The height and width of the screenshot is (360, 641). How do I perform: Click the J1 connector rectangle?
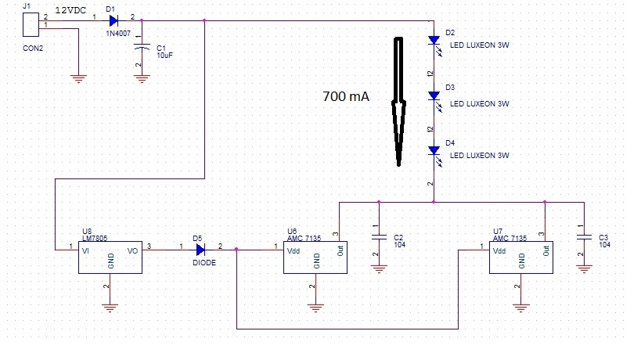pos(31,24)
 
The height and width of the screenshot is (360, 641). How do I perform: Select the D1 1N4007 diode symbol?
pos(113,20)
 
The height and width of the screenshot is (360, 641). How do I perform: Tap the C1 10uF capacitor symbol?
pos(142,48)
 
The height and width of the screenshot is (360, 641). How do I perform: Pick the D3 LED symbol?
pos(434,98)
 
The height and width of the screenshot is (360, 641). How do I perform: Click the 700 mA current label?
pos(346,96)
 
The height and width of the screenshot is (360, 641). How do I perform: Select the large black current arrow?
pos(398,102)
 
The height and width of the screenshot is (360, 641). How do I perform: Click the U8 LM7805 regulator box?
pos(110,257)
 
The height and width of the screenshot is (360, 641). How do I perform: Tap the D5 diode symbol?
pos(200,250)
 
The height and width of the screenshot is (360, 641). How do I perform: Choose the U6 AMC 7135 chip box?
pos(315,257)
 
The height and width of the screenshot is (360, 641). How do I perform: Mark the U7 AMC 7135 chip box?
pos(521,257)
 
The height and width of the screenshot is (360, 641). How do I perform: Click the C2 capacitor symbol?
pos(379,236)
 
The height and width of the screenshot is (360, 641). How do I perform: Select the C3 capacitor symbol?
pos(584,236)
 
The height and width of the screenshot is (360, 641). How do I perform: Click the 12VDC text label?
pos(70,11)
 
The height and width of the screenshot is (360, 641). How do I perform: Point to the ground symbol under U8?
pos(110,308)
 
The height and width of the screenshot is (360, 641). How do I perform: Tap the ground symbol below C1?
pos(142,79)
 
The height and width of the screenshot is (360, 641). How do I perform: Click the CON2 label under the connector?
pos(33,49)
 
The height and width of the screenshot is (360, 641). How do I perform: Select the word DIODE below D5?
pos(204,263)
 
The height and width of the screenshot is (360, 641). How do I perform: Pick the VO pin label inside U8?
pos(132,251)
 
